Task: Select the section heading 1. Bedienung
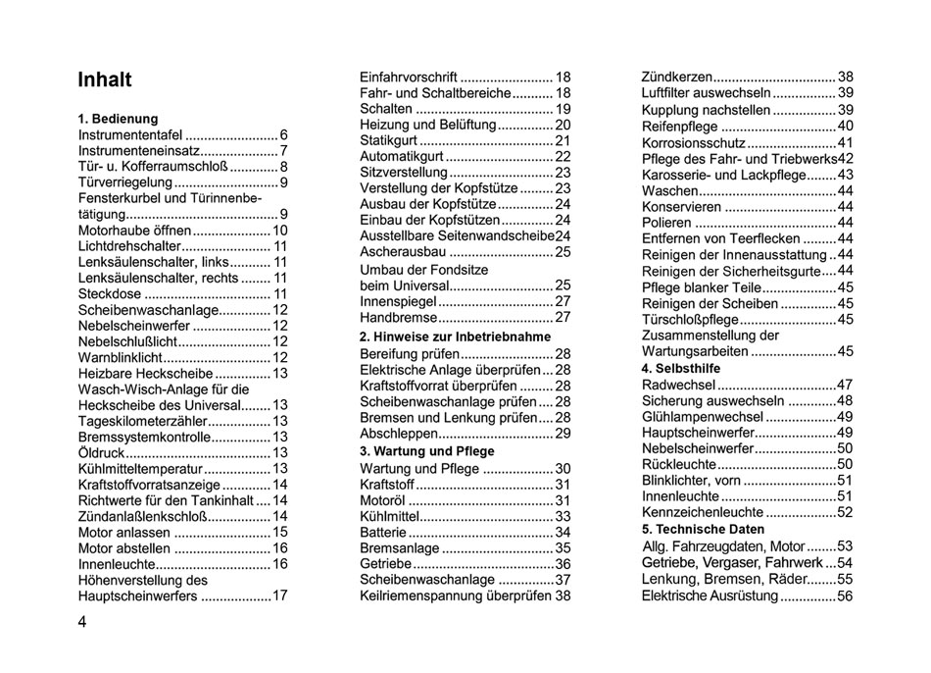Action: (118, 119)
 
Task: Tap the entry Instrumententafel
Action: (129, 135)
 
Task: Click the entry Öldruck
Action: (100, 453)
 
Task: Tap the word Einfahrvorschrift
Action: (409, 78)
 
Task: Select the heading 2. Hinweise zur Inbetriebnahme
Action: (455, 336)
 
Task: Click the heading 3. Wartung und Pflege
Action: (426, 451)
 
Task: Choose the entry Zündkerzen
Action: (676, 78)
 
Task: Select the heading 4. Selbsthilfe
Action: (680, 368)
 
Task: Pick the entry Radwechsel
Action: (678, 385)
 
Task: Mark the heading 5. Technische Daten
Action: (703, 529)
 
